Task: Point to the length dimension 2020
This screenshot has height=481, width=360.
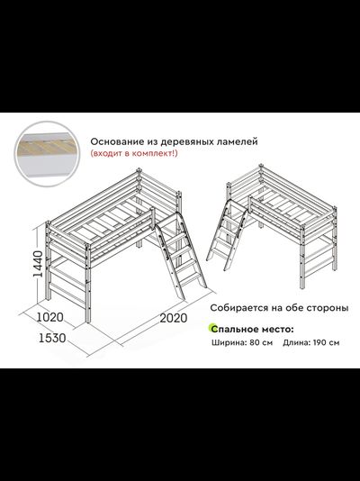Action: pyautogui.click(x=178, y=318)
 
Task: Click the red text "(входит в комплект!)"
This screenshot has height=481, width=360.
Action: pyautogui.click(x=132, y=155)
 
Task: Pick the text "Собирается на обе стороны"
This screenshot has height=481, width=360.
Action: pyautogui.click(x=278, y=307)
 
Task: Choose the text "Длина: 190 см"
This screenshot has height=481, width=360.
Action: pyautogui.click(x=310, y=342)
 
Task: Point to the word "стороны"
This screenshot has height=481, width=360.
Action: pyautogui.click(x=325, y=307)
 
